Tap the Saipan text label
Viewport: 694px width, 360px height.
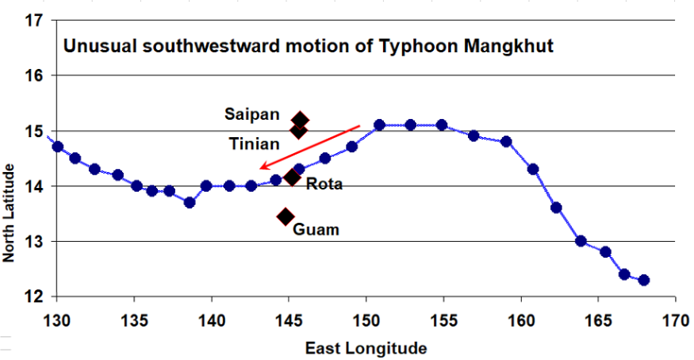tap(251, 114)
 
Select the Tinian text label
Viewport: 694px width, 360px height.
tap(254, 144)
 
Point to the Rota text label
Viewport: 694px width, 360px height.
tap(324, 184)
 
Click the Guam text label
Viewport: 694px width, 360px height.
tap(316, 230)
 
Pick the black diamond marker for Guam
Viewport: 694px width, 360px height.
tap(286, 216)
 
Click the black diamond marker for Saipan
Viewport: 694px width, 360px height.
tap(300, 120)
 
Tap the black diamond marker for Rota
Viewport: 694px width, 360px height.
tap(292, 177)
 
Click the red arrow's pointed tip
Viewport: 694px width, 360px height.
tap(259, 168)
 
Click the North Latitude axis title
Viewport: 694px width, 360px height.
tap(10, 213)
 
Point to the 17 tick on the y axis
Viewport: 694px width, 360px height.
tap(33, 21)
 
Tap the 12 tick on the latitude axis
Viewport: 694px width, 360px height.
tap(33, 297)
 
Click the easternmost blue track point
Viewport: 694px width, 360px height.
tap(643, 280)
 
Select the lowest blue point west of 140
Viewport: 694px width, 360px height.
tap(190, 202)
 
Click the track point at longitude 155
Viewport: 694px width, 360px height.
tap(442, 125)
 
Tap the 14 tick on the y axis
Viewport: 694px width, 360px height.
tap(33, 186)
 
